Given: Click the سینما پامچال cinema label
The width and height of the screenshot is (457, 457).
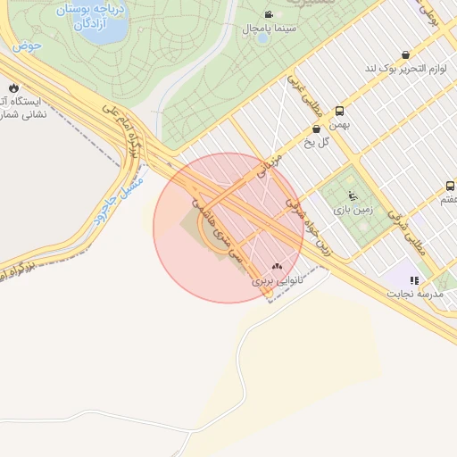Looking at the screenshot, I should [x=270, y=29].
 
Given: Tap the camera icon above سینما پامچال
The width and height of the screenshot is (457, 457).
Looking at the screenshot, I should [x=270, y=14].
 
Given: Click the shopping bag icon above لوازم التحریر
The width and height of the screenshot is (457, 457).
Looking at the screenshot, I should [x=407, y=54].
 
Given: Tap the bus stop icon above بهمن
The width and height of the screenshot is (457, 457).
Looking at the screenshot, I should [x=340, y=112].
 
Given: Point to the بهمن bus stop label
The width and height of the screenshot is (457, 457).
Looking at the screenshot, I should [x=337, y=125].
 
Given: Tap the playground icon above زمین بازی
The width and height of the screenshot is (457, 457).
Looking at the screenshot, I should [x=351, y=195].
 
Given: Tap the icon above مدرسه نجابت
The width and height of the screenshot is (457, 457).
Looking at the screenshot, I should [x=414, y=279].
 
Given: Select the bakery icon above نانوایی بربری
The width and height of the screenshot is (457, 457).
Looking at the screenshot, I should [x=277, y=266].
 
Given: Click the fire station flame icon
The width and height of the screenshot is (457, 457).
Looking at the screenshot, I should [x=13, y=87].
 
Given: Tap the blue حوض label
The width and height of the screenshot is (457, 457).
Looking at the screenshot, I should [x=28, y=46].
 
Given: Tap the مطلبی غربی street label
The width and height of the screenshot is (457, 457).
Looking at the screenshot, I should [x=303, y=95].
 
